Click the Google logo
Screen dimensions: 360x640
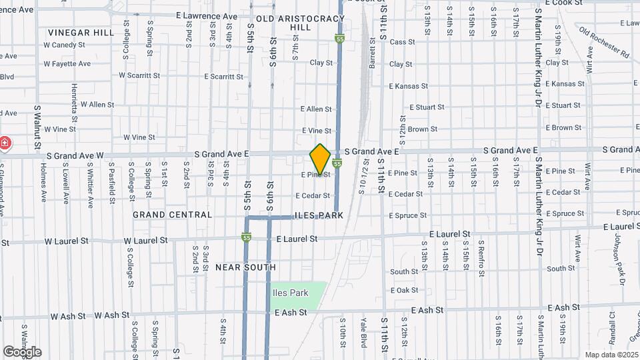[x=22, y=352]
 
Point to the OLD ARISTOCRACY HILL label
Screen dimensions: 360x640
[x=293, y=23]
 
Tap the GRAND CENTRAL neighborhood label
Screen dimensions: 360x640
[x=172, y=215]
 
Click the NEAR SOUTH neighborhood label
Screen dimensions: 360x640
[x=245, y=267]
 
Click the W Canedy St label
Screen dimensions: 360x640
[x=65, y=45]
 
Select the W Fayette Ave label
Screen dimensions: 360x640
[x=67, y=64]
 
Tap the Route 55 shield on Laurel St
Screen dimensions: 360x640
[x=247, y=237]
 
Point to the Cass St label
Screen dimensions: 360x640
[x=402, y=42]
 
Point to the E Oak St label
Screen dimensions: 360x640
[x=403, y=290]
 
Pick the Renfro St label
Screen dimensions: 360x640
[x=480, y=258]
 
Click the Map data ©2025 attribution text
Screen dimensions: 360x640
[x=610, y=355]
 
